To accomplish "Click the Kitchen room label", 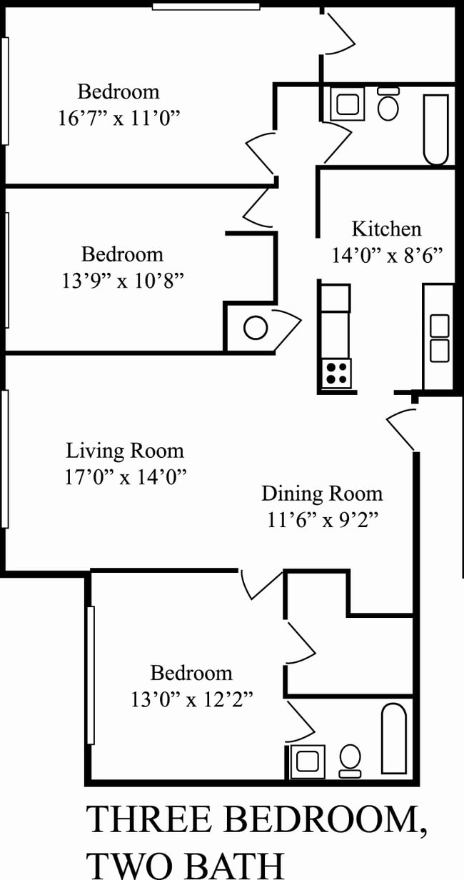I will click(386, 229).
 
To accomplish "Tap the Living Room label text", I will click(125, 451).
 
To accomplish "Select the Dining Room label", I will click(322, 494).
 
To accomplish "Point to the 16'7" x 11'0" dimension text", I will click(118, 116).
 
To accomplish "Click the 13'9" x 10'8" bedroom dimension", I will click(123, 280).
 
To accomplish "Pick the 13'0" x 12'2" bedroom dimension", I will click(191, 699).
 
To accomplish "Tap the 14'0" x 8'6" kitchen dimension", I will click(388, 255).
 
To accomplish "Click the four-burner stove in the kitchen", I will click(337, 372).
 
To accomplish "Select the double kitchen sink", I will click(438, 338).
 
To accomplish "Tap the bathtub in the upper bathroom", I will click(435, 129).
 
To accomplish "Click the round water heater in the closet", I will click(254, 329).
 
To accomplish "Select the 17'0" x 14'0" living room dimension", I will click(125, 476).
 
